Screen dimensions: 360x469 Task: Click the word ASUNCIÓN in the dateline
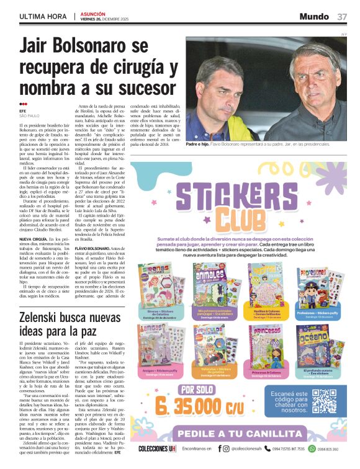(x=92, y=13)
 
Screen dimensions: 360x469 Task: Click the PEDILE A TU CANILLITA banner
(x=256, y=434)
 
